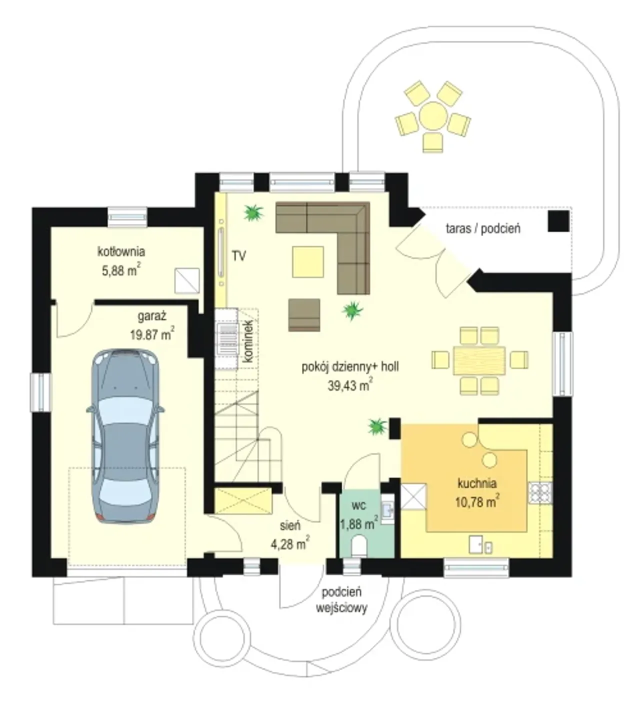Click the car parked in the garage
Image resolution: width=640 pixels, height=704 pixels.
(125, 436)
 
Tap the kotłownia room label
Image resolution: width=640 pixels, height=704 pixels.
(121, 251)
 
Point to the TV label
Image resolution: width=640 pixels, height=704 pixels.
(238, 256)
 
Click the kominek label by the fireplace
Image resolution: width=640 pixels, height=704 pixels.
(248, 341)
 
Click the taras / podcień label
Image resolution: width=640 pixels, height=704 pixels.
(482, 229)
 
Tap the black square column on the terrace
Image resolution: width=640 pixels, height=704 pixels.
(558, 221)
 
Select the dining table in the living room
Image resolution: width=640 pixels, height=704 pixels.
(479, 360)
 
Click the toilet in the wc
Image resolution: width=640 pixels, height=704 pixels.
(359, 545)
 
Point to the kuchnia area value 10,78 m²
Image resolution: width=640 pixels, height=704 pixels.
(477, 501)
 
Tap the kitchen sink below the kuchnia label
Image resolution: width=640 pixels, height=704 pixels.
(480, 544)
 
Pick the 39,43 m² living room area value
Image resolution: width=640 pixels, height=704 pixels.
(350, 385)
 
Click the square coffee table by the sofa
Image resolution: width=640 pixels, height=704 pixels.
(307, 262)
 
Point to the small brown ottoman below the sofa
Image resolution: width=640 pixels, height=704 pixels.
(304, 315)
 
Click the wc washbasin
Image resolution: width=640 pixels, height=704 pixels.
(387, 509)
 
